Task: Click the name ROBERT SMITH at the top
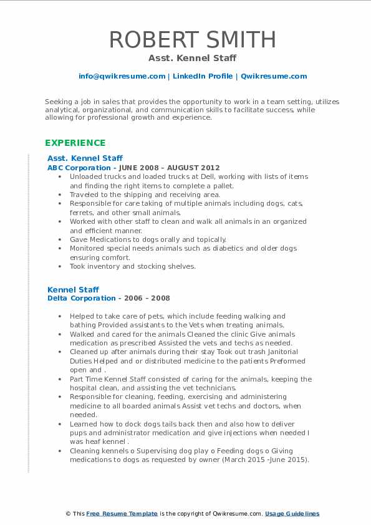tap(193, 39)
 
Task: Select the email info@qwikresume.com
tap(122, 76)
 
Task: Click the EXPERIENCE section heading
tap(75, 143)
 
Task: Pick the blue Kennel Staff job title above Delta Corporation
tap(74, 289)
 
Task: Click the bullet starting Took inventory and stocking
tap(132, 266)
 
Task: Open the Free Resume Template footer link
tap(122, 514)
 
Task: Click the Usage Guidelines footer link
tap(292, 514)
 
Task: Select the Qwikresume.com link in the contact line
tap(274, 76)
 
